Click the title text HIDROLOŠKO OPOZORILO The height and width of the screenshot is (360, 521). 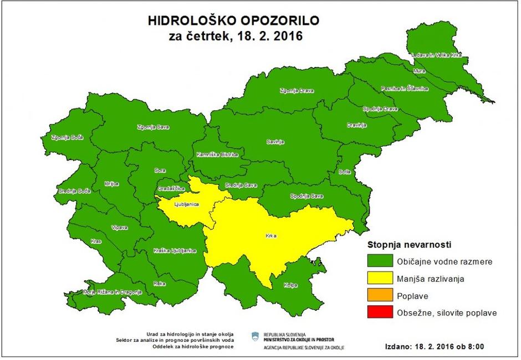click(232, 21)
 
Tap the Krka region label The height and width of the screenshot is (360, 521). click(270, 236)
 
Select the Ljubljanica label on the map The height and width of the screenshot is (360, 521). click(186, 204)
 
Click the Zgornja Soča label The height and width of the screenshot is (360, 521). click(66, 137)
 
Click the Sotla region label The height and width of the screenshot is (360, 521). click(344, 172)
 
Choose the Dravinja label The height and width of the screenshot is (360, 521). click(357, 125)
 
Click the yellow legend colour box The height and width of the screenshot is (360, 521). click(379, 279)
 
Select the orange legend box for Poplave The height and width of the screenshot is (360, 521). click(379, 296)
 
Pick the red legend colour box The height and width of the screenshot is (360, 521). click(379, 313)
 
